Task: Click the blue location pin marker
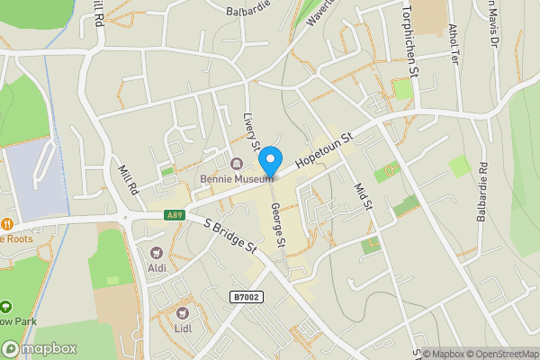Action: [269, 162]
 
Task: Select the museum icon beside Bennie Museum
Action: [237, 164]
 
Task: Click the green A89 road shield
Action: [175, 216]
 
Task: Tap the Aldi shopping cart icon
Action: [158, 254]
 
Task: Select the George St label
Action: [278, 225]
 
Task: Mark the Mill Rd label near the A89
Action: [127, 179]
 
